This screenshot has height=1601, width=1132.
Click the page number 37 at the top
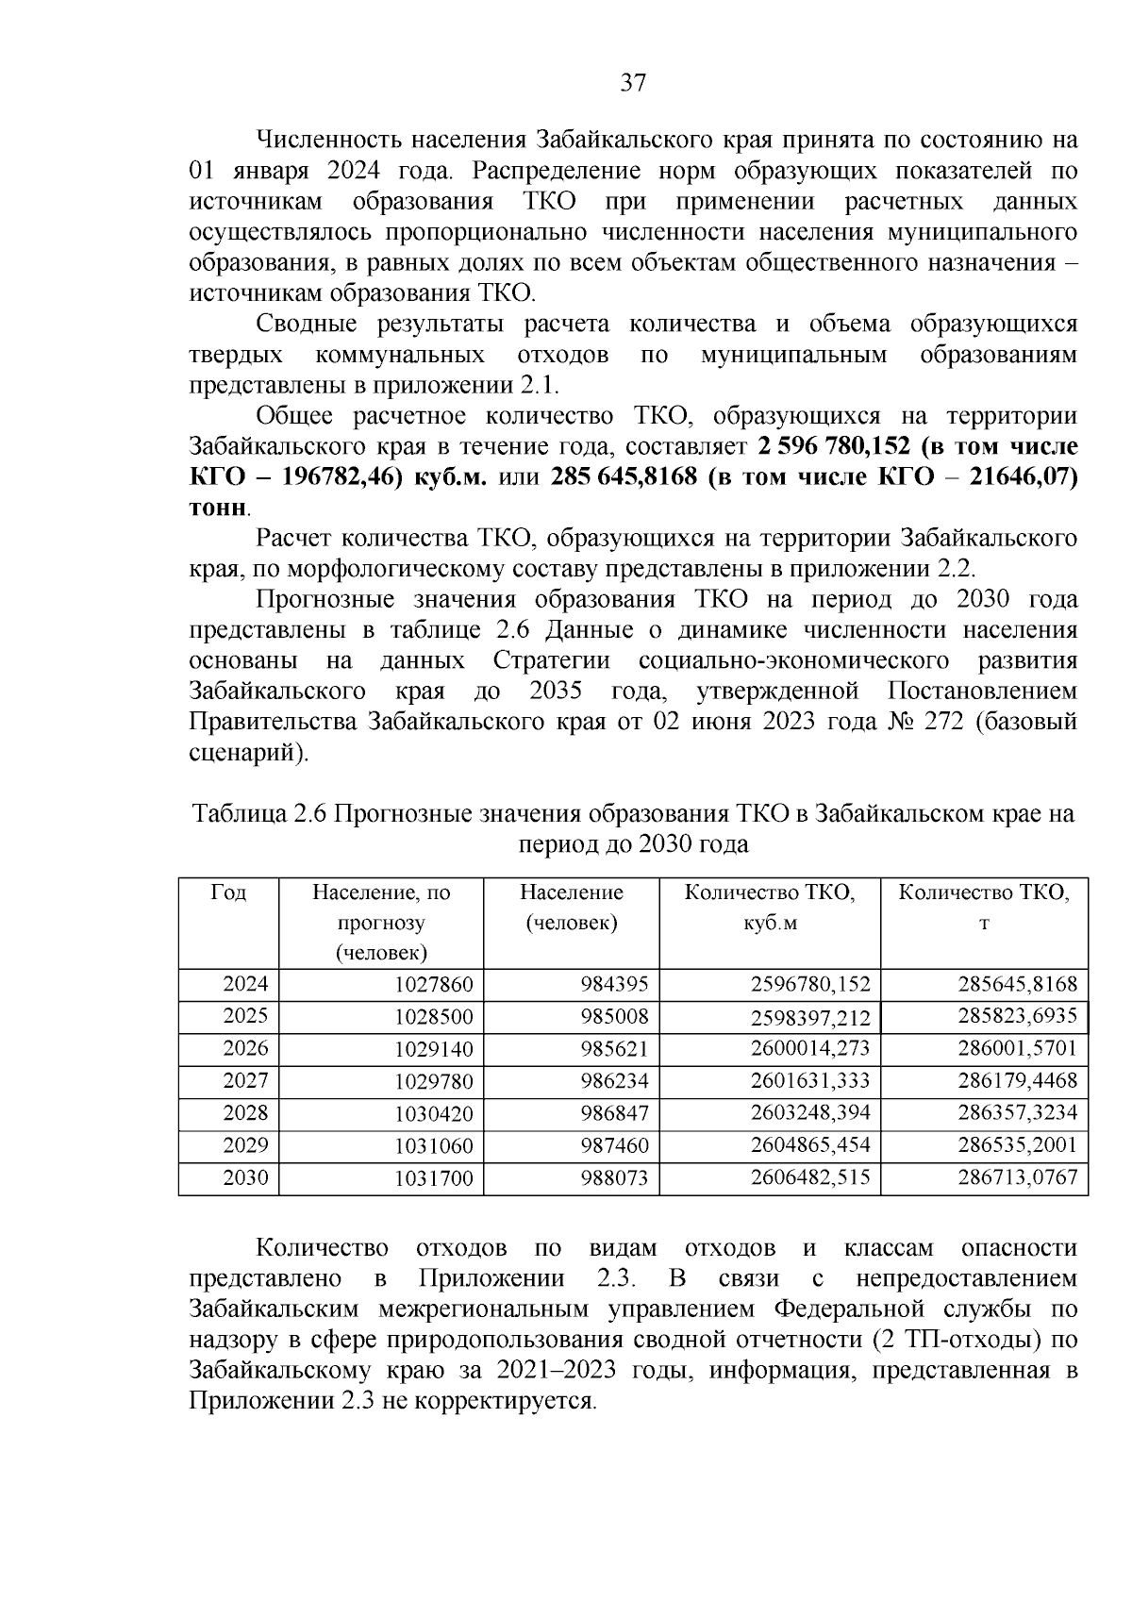(633, 83)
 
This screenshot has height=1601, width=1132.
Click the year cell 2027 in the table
(245, 1081)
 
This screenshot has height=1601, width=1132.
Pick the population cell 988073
(614, 1178)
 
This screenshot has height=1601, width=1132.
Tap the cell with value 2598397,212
(809, 1018)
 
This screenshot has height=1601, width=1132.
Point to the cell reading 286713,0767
(1017, 1177)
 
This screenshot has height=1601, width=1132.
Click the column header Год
(228, 892)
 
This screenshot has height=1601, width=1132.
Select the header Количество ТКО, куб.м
(770, 907)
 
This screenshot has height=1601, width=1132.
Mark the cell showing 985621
(614, 1049)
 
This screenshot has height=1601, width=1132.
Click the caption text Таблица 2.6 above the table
(258, 813)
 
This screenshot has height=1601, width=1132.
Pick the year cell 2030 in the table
(245, 1177)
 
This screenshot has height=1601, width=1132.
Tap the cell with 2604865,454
(809, 1145)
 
